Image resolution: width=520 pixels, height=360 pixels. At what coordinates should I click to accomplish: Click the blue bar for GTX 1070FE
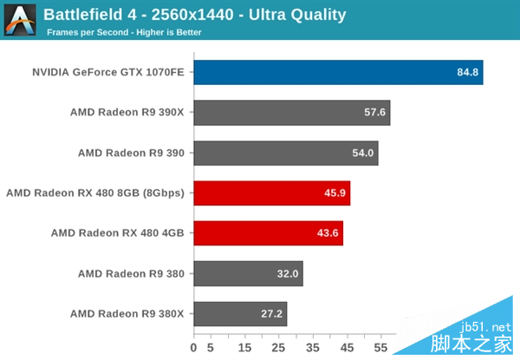pos(338,72)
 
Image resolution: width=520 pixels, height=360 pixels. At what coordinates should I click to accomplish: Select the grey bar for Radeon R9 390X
pos(291,113)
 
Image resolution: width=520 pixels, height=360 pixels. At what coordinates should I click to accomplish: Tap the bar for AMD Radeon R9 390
pos(285,153)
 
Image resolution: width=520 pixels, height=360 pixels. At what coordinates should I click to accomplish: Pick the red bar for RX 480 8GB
pos(271,193)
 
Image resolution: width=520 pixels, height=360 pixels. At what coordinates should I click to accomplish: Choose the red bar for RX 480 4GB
pos(268,233)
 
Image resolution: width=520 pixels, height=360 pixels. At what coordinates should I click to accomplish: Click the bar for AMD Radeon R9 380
pos(248,273)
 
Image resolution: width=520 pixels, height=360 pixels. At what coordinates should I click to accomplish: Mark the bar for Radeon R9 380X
pos(240,314)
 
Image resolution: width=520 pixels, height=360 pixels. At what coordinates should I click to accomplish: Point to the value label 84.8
pos(468,72)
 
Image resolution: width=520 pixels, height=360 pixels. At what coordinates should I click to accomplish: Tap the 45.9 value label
pos(335,193)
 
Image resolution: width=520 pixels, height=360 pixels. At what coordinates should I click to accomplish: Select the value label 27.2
pos(272,314)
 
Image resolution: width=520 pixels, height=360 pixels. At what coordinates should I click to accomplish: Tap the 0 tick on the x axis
pos(194,349)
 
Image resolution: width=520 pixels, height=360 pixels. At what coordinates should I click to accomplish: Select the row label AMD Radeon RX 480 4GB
pos(117,233)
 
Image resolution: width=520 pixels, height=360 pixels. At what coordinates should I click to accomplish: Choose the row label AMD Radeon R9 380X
pos(127,314)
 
